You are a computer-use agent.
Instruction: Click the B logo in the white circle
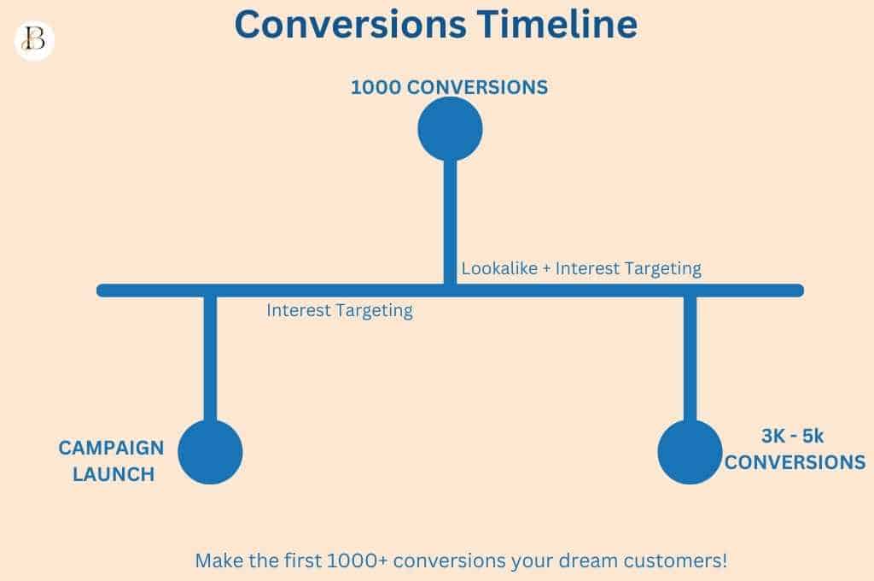point(34,41)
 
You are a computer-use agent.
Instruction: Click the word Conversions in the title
point(351,25)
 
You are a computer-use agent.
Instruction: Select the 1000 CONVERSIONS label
point(449,87)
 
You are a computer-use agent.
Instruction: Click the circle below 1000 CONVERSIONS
point(450,129)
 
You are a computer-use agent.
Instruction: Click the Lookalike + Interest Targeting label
point(581,268)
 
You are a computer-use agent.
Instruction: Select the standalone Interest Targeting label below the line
point(339,311)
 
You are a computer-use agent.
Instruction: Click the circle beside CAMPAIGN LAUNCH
point(210,452)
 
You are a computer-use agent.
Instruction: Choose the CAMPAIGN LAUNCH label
point(111,461)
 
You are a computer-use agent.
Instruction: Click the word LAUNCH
point(114,475)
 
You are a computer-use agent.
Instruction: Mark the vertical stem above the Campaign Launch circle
point(210,359)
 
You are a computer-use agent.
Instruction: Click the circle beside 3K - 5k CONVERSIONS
point(690,452)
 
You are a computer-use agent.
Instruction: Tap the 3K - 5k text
point(791,437)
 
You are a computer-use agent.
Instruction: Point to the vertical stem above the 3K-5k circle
point(690,359)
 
